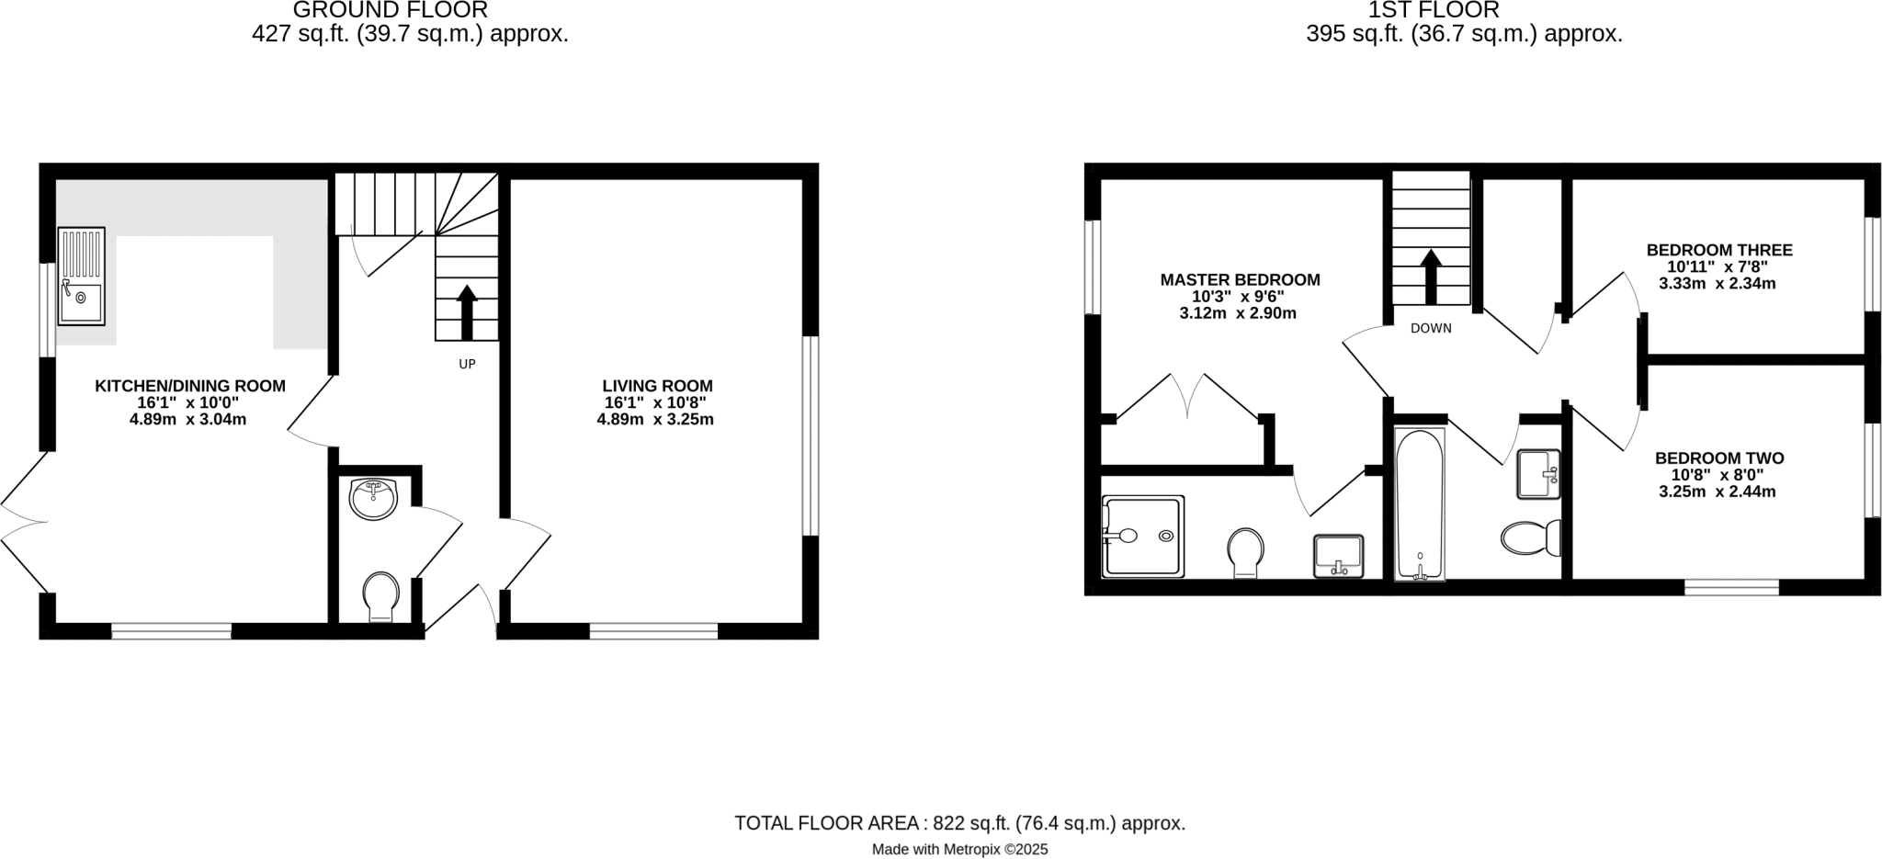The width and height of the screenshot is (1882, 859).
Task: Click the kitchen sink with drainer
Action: [x=82, y=277]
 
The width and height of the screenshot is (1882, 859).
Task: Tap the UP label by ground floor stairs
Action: [x=467, y=364]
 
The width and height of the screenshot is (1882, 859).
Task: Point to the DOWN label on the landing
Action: [x=1431, y=328]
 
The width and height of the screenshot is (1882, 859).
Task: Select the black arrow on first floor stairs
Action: [x=1430, y=277]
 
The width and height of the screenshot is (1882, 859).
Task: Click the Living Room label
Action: [x=657, y=386]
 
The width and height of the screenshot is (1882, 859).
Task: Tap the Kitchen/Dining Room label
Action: [x=190, y=386]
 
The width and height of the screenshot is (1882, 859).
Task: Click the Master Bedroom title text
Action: [x=1240, y=279]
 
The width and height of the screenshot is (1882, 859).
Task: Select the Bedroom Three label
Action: [x=1718, y=250]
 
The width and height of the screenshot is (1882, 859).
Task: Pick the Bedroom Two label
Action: [x=1718, y=458]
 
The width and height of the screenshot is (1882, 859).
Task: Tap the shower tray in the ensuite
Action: [x=1143, y=536]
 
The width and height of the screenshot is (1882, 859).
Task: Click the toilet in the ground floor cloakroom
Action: [x=381, y=595]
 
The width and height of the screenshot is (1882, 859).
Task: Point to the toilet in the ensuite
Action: [x=1245, y=552]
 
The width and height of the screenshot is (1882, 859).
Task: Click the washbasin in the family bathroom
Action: [x=1538, y=474]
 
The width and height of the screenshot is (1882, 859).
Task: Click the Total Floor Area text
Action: [x=959, y=823]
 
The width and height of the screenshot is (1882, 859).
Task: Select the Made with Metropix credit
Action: [x=959, y=850]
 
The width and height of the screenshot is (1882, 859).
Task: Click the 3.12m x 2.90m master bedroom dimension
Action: [x=1238, y=313]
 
